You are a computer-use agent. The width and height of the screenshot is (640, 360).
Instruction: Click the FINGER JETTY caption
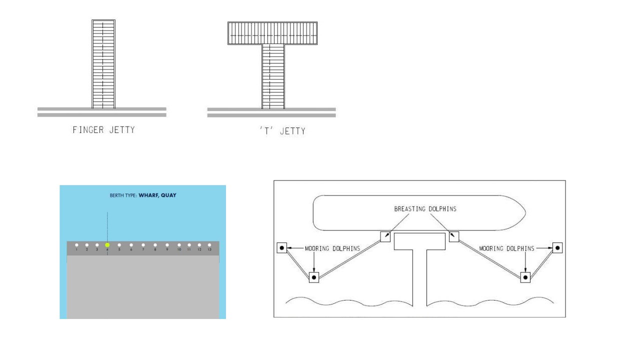pyautogui.click(x=103, y=130)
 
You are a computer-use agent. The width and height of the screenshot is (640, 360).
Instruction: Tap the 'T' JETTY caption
pyautogui.click(x=282, y=131)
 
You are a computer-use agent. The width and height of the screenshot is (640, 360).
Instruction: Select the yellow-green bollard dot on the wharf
pyautogui.click(x=107, y=245)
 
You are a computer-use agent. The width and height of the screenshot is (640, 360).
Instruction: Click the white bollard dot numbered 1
pyautogui.click(x=76, y=245)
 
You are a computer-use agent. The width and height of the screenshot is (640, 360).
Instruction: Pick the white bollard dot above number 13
pyautogui.click(x=209, y=245)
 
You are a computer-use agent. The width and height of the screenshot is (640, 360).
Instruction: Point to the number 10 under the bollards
pyautogui.click(x=179, y=249)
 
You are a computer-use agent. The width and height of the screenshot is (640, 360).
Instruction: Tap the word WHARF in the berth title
pyautogui.click(x=148, y=195)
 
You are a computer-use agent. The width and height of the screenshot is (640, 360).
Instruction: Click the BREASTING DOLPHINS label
pyautogui.click(x=425, y=209)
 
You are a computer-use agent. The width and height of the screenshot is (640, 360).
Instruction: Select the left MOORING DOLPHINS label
pyautogui.click(x=332, y=248)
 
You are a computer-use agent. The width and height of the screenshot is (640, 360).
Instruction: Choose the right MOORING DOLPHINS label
pyautogui.click(x=506, y=248)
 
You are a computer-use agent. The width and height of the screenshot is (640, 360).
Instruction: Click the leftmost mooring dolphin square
pyautogui.click(x=282, y=247)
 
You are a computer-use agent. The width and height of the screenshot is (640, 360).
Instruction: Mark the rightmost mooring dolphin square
pyautogui.click(x=557, y=247)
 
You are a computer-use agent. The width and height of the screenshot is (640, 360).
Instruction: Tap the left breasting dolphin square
pyautogui.click(x=385, y=236)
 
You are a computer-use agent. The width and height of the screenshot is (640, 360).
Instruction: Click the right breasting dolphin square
pyautogui.click(x=454, y=236)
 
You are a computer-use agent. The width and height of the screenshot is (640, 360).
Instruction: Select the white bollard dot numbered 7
pyautogui.click(x=143, y=245)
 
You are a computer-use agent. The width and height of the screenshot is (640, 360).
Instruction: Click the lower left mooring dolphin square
pyautogui.click(x=313, y=277)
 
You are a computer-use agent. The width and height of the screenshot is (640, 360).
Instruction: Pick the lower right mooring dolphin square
pyautogui.click(x=525, y=277)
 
